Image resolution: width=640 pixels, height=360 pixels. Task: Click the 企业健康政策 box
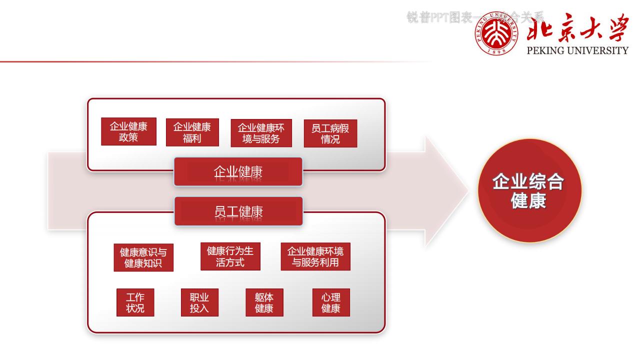click(128, 131)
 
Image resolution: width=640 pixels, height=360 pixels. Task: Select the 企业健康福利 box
click(192, 132)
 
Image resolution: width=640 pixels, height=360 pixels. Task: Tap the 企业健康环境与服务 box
click(261, 133)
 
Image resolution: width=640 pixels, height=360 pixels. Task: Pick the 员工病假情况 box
click(330, 133)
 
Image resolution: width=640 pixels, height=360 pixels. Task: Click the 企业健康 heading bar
click(238, 172)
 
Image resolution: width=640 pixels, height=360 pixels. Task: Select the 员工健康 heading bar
click(238, 211)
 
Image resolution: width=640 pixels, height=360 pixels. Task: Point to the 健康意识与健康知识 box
click(143, 257)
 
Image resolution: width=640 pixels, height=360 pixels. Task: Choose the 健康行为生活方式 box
click(230, 256)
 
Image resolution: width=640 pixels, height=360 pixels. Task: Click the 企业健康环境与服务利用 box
click(315, 256)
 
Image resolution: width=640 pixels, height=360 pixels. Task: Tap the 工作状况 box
click(135, 302)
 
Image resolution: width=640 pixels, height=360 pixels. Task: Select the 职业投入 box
click(199, 302)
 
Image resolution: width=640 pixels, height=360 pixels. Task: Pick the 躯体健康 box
click(264, 302)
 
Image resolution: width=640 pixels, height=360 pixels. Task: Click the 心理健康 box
click(330, 302)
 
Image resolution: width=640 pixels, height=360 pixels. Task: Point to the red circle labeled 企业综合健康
click(529, 190)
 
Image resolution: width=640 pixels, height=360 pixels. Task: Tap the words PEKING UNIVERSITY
click(577, 50)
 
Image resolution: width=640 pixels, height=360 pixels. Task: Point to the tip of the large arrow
click(467, 190)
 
